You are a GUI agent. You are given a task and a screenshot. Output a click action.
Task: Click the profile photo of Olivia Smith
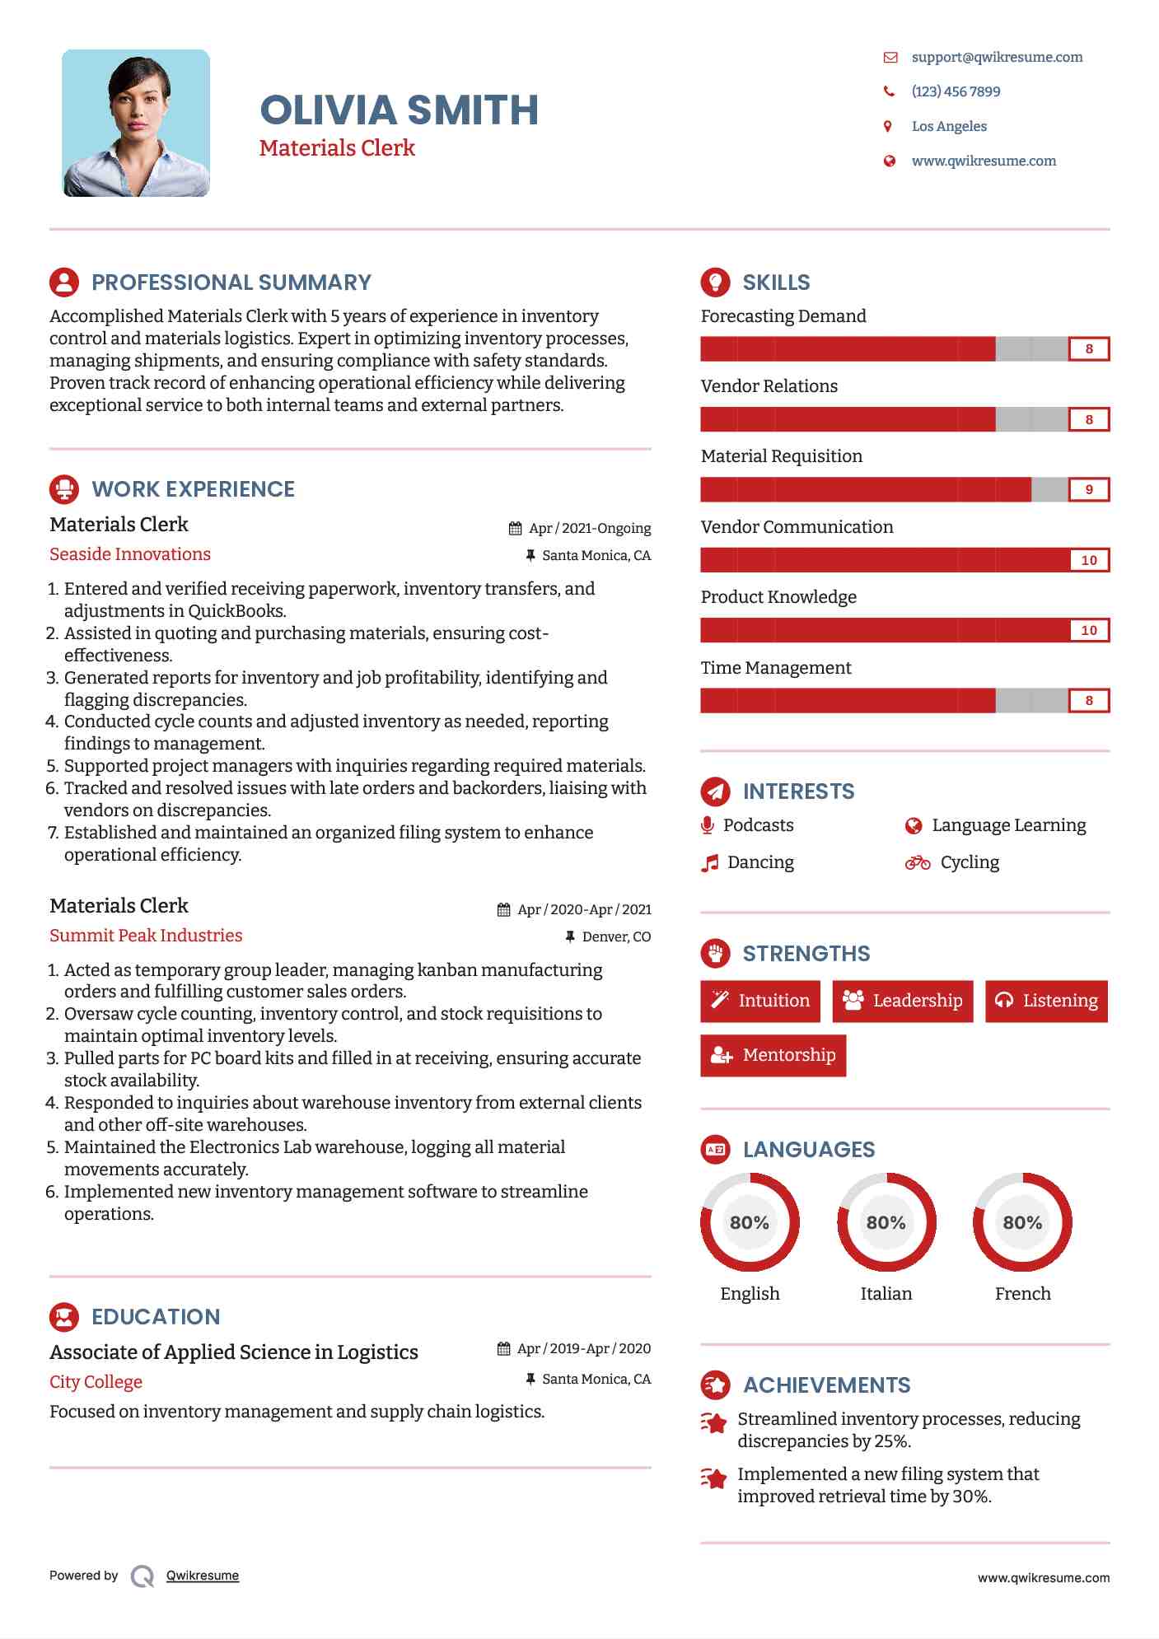pos(136,123)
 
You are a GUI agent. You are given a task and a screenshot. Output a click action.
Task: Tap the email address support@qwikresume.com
pos(997,57)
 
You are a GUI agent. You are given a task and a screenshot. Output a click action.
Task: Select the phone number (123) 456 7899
pos(956,91)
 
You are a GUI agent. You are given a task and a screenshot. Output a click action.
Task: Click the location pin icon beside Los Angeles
pos(888,126)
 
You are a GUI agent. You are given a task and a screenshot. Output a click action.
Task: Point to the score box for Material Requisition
pos(1088,489)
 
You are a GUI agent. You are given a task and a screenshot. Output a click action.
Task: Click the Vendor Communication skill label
pos(797,527)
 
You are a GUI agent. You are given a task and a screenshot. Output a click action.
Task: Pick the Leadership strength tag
pos(902,1001)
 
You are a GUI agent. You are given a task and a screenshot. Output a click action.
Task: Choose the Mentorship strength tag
pos(773,1055)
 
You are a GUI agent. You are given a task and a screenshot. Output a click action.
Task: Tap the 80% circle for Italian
pos(886,1222)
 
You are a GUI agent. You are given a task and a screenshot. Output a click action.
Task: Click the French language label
pos(1022,1293)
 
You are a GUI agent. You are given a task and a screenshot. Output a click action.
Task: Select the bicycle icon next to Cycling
pos(917,862)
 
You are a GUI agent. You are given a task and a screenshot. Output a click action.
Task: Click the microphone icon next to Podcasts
pos(707,825)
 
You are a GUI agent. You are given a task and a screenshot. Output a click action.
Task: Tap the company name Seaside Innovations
pos(130,554)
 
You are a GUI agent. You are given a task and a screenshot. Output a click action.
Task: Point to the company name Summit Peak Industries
pos(146,936)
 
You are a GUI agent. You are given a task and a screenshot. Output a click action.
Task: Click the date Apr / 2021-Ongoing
pos(589,528)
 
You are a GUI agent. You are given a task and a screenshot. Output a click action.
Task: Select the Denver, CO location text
pos(616,936)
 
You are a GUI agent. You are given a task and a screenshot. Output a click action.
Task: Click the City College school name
pos(96,1382)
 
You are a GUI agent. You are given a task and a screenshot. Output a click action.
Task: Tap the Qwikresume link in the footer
pos(203,1576)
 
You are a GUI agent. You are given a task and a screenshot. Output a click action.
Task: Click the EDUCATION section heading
pos(156,1317)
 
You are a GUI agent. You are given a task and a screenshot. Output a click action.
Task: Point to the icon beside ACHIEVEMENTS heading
pos(715,1385)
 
